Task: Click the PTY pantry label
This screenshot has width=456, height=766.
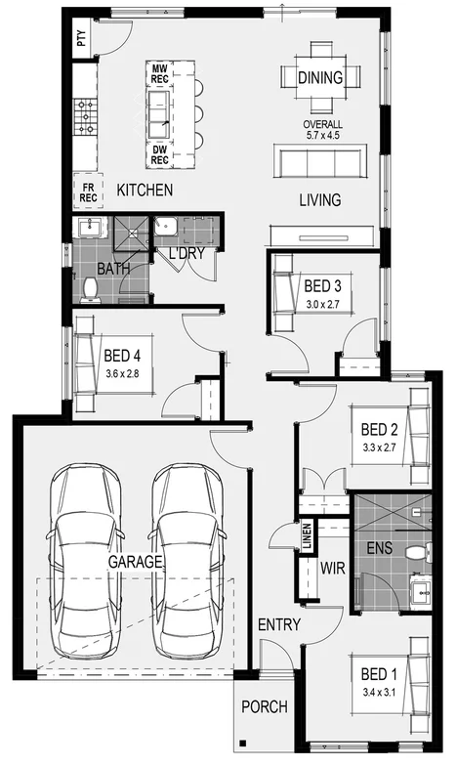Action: point(81,39)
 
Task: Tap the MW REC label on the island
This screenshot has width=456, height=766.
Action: point(159,73)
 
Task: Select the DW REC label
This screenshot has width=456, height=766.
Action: point(159,153)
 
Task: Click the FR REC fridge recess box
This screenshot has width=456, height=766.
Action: point(88,191)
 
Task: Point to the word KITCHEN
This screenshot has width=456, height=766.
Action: point(145,189)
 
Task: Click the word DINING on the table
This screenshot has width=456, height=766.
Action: point(320,78)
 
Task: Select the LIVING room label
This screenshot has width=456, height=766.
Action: point(319,200)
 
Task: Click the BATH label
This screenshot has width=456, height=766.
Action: point(113,268)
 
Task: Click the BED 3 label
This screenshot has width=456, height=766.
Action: point(323,286)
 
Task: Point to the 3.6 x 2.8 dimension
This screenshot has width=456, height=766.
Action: point(123,372)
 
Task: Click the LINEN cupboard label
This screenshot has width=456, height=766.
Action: point(307,539)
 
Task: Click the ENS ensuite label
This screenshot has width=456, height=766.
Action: point(380,548)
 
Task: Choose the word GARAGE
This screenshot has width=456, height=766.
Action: point(135,563)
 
